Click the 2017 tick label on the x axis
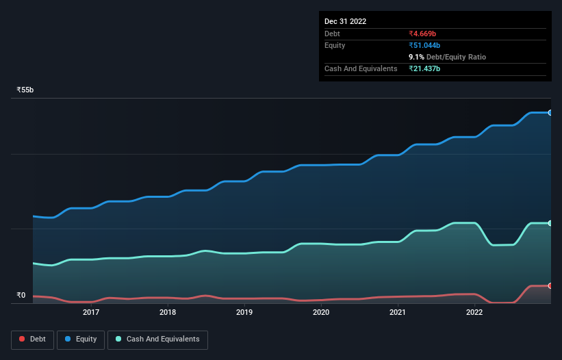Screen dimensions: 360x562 coord(91,313)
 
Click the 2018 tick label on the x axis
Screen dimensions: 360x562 coord(168,313)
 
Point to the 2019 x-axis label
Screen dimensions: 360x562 coord(244,313)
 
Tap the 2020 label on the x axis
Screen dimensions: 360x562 coord(321,313)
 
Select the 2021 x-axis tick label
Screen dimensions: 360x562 coord(398,313)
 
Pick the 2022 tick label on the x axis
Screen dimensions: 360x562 coord(474,313)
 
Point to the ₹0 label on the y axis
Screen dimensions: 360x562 coord(21,296)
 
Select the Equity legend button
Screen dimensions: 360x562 coord(81,339)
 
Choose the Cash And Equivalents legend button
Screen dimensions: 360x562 coord(157,339)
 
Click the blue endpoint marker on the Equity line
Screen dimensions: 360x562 coord(550,112)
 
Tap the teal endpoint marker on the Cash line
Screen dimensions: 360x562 coord(550,223)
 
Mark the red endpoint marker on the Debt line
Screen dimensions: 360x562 coord(550,285)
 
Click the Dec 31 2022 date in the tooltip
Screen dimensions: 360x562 coord(346,21)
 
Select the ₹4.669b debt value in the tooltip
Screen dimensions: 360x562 coord(428,34)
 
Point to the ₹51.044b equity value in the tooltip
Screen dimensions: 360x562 coord(431,45)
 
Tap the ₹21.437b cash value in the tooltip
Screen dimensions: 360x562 coord(431,69)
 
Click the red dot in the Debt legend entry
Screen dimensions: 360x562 coord(23,339)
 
